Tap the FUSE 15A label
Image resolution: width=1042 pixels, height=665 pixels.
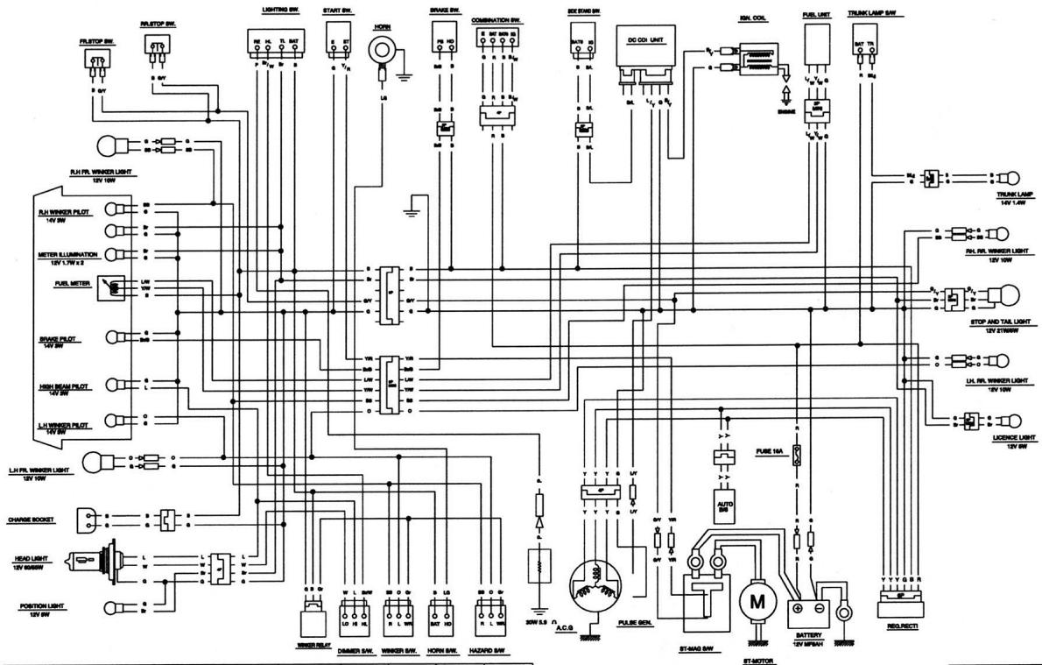(x=770, y=452)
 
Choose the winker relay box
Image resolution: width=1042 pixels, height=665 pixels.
(x=313, y=619)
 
